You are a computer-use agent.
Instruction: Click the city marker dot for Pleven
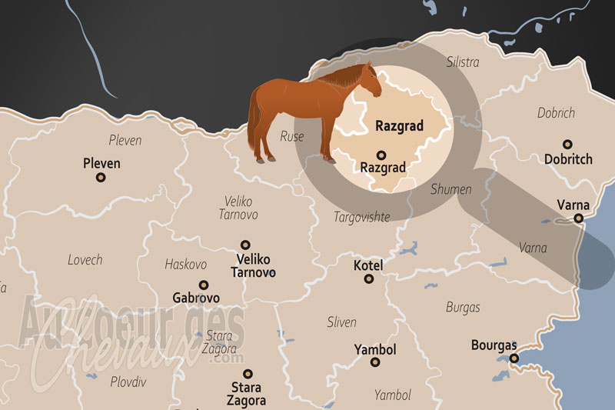click(101, 177)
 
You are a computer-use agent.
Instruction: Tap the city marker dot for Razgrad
click(381, 153)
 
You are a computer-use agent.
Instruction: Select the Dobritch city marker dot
click(567, 144)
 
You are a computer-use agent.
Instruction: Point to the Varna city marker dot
click(578, 218)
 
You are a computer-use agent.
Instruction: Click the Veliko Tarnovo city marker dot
click(245, 244)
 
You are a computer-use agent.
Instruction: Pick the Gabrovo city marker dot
click(204, 285)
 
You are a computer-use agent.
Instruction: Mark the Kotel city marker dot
click(367, 279)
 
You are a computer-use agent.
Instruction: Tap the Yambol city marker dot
click(374, 362)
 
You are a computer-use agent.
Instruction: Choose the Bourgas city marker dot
click(514, 358)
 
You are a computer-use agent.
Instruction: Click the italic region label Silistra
click(463, 62)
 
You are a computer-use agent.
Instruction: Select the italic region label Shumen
click(451, 189)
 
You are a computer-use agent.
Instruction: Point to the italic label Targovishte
click(361, 218)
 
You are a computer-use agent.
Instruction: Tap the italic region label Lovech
click(85, 260)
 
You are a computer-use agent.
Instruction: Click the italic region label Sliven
click(341, 322)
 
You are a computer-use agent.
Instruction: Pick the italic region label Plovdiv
click(128, 382)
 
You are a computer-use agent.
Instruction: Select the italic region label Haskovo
click(186, 264)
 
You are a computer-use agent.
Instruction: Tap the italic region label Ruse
click(292, 137)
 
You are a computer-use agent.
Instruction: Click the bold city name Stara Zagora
click(246, 394)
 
